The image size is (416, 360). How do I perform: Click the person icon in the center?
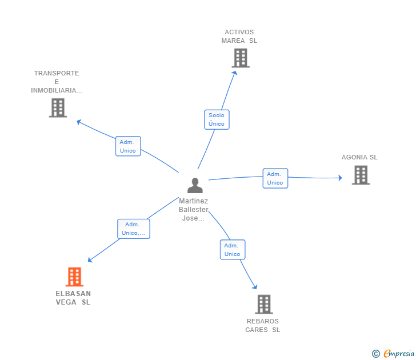click(x=195, y=186)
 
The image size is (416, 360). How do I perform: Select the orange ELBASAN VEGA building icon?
click(x=74, y=277)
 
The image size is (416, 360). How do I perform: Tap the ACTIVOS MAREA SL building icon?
click(x=241, y=58)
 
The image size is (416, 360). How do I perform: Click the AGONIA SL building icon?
click(x=361, y=175)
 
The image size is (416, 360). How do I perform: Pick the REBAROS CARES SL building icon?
click(x=263, y=304)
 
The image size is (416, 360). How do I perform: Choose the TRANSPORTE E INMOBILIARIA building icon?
click(x=58, y=107)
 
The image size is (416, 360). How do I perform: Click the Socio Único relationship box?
click(x=217, y=119)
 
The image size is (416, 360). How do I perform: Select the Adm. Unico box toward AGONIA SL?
click(x=275, y=178)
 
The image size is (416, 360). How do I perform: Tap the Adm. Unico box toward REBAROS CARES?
click(x=232, y=250)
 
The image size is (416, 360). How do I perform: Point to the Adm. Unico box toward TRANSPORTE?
click(x=128, y=146)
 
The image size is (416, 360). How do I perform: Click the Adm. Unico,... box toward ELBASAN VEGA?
click(x=134, y=229)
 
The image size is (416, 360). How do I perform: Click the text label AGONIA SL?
click(x=359, y=157)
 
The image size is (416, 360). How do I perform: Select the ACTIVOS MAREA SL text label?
click(x=239, y=37)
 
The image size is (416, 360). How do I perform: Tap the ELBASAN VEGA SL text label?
click(x=73, y=298)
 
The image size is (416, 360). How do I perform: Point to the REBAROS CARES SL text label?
click(x=263, y=325)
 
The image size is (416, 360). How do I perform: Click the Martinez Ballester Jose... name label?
click(x=193, y=210)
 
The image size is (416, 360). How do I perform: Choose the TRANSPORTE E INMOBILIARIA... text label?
click(x=57, y=82)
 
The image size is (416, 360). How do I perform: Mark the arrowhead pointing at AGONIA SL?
click(x=339, y=178)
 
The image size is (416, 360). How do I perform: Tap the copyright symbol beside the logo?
click(x=376, y=354)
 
